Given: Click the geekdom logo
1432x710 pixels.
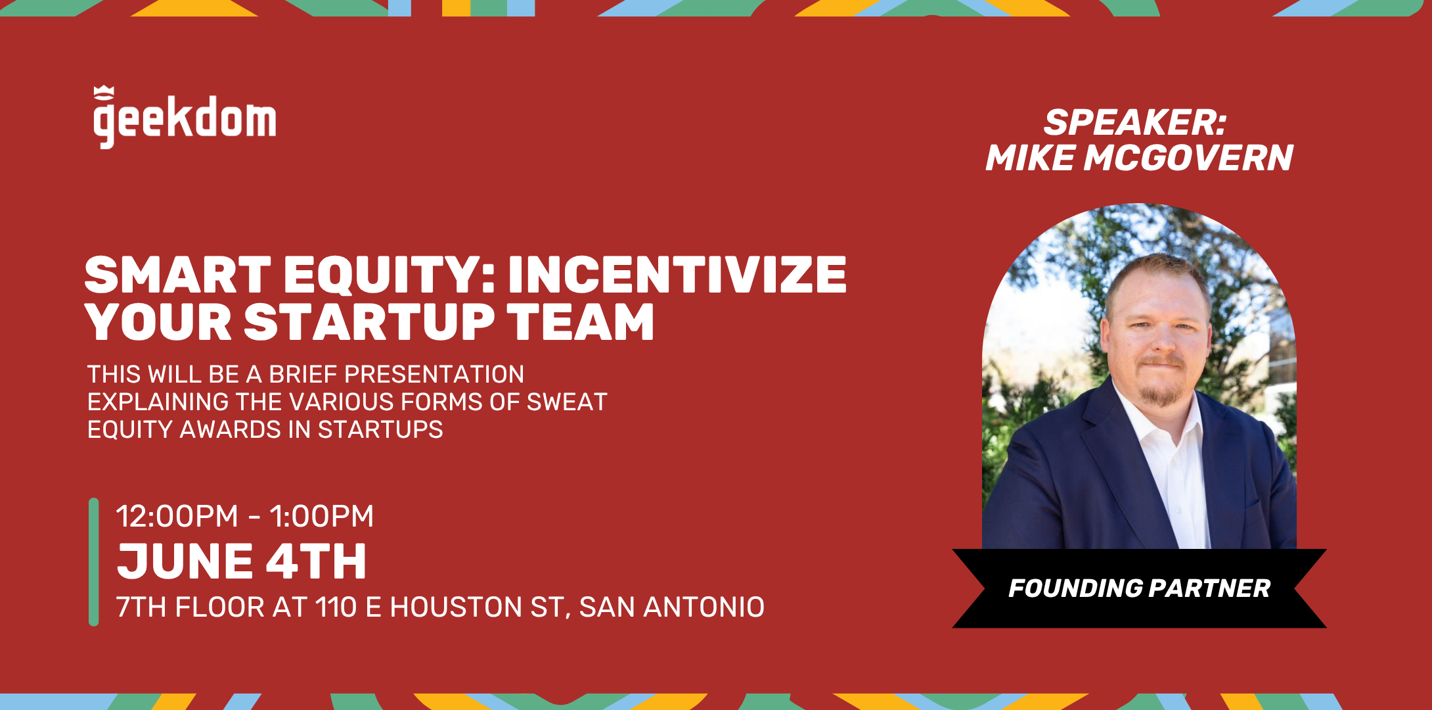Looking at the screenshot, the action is click(185, 118).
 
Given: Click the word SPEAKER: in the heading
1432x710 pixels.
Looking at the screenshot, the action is click(1135, 122).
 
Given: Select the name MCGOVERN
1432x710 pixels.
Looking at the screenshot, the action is click(1188, 158).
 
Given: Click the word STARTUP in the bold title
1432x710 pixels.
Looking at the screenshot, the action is click(369, 322).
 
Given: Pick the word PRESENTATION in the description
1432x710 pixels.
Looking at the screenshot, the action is click(434, 374).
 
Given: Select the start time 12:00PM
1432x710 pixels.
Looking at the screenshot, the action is click(177, 516).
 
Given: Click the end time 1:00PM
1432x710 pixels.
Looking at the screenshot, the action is click(321, 516).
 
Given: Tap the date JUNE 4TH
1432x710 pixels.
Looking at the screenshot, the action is click(242, 562).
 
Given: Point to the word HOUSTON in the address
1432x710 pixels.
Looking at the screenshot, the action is click(456, 607).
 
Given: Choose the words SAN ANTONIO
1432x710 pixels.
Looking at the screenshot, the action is click(672, 607).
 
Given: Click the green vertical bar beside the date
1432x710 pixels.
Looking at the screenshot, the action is click(93, 562).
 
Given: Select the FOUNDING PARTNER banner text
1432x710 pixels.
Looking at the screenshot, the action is click(1139, 588).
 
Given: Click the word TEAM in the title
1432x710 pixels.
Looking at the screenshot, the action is click(581, 322).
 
